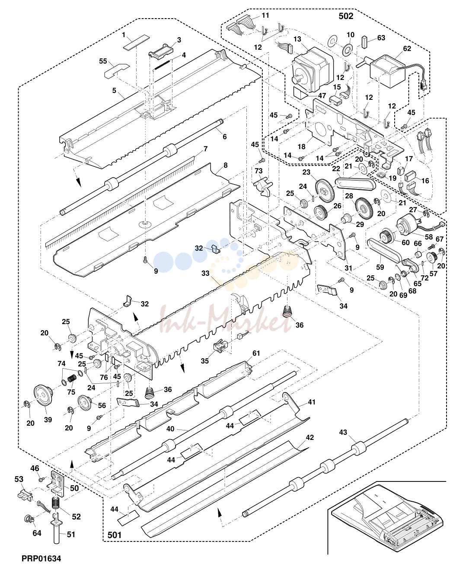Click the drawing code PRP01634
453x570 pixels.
(x=41, y=559)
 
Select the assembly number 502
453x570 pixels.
(x=346, y=16)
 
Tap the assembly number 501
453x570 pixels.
(x=115, y=535)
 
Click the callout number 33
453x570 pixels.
(x=205, y=273)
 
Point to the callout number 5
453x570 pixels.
(x=114, y=91)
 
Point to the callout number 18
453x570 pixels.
(x=301, y=146)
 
